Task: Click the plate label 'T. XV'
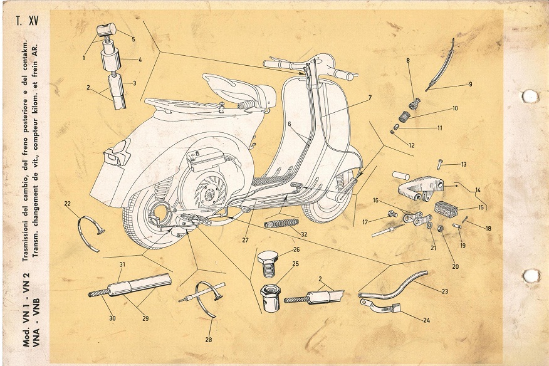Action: coord(27,21)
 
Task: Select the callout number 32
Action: coord(304,234)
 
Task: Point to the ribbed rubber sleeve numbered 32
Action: coord(281,223)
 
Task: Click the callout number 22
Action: coord(68,204)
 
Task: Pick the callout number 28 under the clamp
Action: coord(209,340)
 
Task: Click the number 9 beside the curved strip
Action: coord(471,84)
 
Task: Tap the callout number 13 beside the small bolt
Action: coord(464,164)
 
